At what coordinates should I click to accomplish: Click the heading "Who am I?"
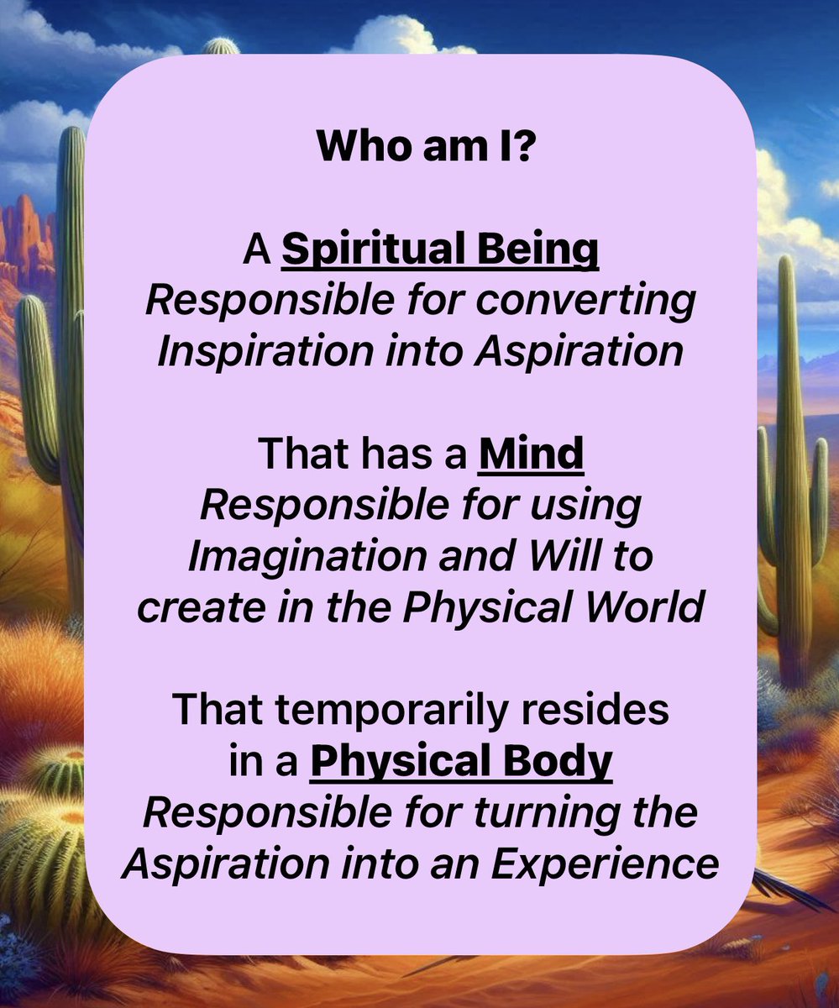point(419,148)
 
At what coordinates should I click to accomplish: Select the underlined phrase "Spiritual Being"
point(440,251)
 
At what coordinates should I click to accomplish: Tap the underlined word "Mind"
point(531,454)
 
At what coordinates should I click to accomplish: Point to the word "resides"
point(605,711)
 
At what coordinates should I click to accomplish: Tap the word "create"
point(186,607)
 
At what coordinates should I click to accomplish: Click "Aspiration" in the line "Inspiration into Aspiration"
point(577,352)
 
